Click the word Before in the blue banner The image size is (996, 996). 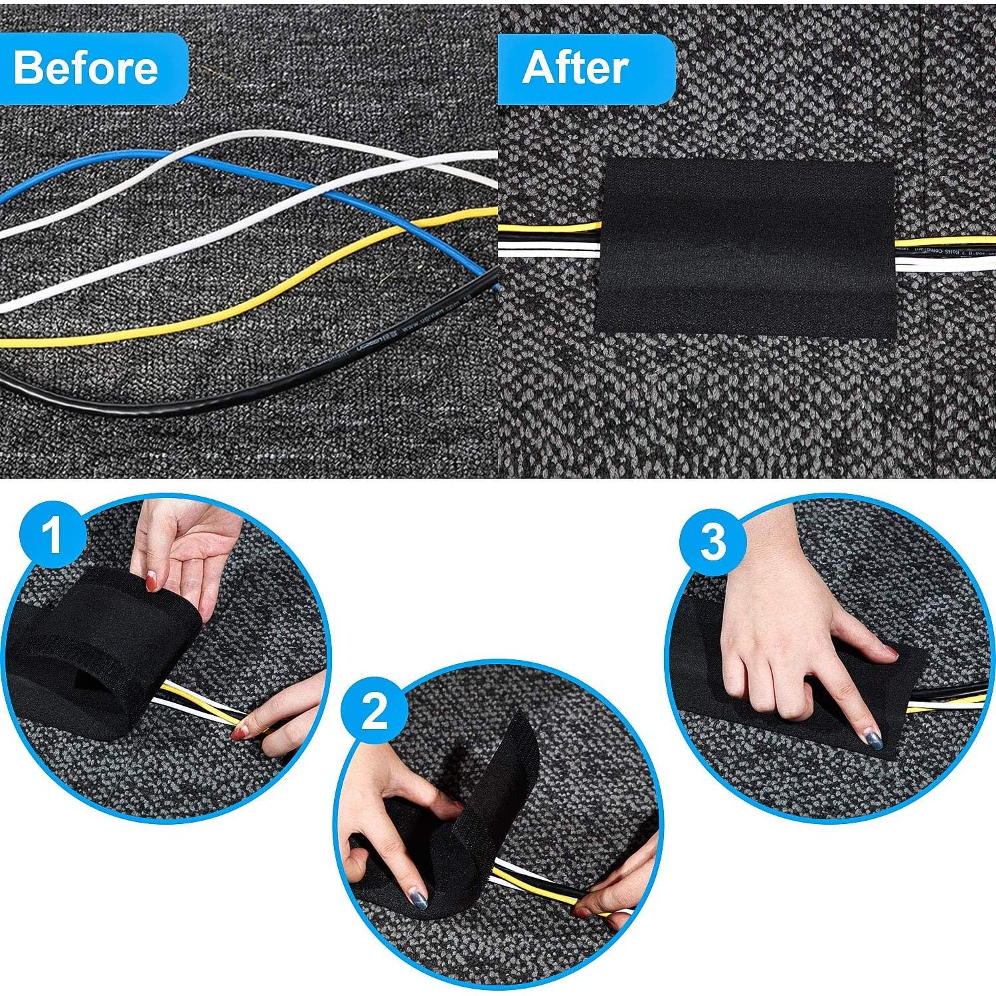[86, 68]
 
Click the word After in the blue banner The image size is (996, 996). [575, 68]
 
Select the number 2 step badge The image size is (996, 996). [375, 712]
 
